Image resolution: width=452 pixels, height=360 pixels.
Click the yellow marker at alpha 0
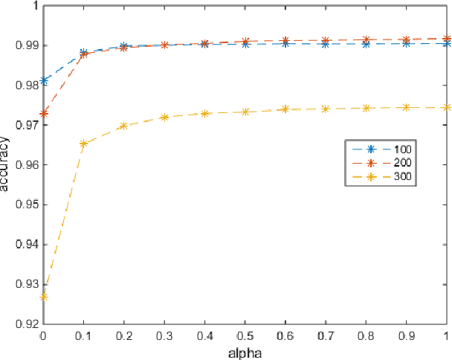[x=44, y=296]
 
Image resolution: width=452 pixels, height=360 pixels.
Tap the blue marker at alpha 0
[x=44, y=80]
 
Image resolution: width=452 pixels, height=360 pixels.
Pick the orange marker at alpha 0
[x=44, y=113]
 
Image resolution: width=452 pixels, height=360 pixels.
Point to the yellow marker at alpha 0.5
[x=245, y=112]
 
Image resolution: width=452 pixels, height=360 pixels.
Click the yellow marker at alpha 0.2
[x=124, y=126]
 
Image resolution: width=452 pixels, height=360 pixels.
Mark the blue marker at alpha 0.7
[x=326, y=44]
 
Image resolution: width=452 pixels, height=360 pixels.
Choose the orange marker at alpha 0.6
[x=285, y=40]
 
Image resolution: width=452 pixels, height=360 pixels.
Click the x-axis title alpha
[x=245, y=353]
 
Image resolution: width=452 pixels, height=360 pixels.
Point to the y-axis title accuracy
[x=7, y=164]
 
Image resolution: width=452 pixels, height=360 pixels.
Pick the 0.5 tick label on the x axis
[x=245, y=336]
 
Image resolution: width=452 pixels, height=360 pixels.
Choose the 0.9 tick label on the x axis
[x=406, y=336]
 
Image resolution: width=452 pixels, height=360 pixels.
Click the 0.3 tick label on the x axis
[x=164, y=336]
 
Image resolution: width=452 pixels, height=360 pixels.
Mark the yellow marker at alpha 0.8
[x=366, y=108]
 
